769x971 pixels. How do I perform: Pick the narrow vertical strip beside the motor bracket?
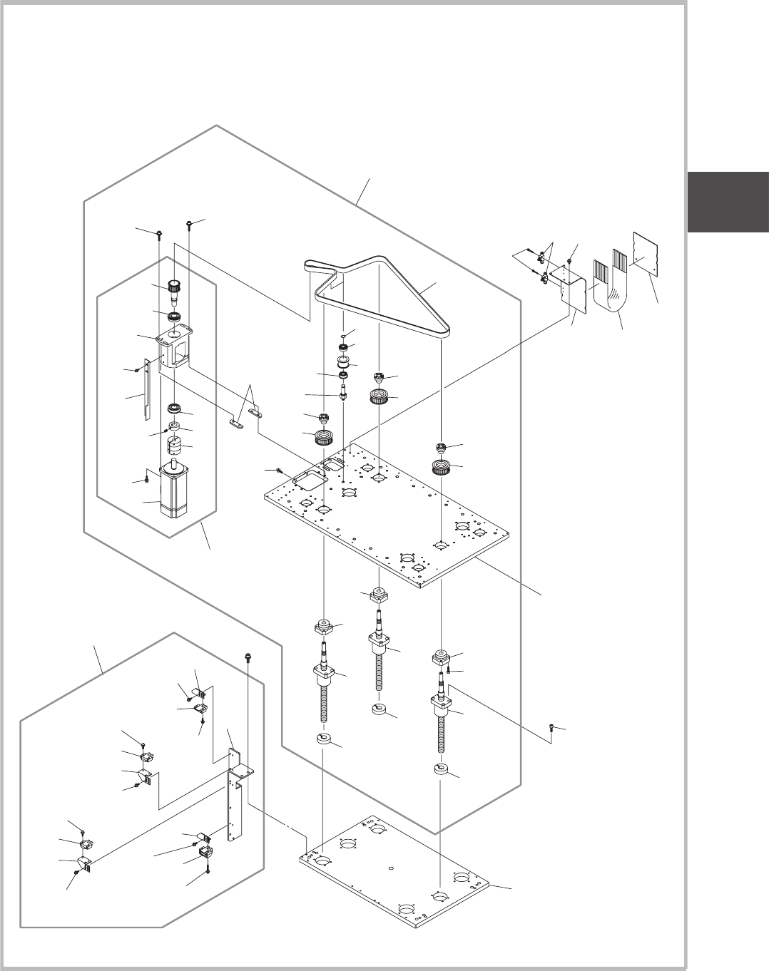click(x=146, y=389)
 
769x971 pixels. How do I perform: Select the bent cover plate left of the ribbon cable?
click(x=571, y=287)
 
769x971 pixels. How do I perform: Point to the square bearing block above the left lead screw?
click(x=324, y=628)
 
